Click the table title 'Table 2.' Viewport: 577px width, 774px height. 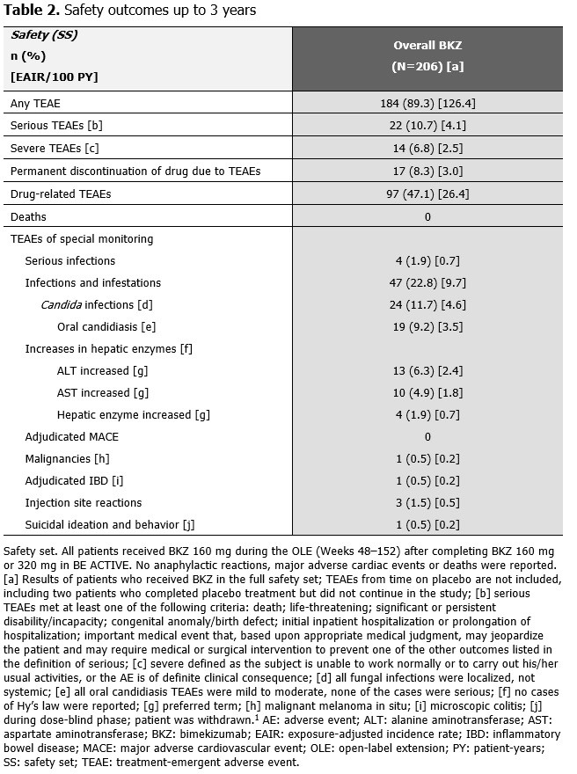32,11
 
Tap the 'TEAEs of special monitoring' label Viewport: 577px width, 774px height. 81,238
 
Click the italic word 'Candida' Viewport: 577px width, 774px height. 62,305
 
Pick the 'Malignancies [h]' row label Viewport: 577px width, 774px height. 63,459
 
